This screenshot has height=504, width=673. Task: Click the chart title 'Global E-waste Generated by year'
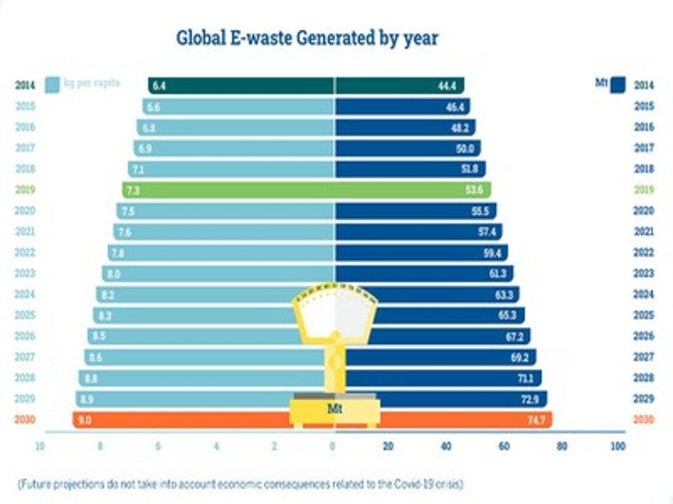[x=307, y=37]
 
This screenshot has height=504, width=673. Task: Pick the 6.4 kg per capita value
[x=157, y=85]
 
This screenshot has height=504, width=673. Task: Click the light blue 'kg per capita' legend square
[x=53, y=85]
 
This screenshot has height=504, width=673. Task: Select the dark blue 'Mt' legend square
[x=618, y=85]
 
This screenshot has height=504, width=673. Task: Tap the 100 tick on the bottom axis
[x=617, y=446]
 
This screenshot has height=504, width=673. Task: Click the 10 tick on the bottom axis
[x=40, y=446]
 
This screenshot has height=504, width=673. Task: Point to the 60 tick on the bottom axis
[x=503, y=446]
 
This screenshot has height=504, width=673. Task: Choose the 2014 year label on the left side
[x=25, y=85]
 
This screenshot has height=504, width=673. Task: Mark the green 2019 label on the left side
[x=25, y=190]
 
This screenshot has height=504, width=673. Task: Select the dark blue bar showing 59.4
[x=421, y=253]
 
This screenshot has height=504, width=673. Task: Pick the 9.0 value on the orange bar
[x=84, y=419]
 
